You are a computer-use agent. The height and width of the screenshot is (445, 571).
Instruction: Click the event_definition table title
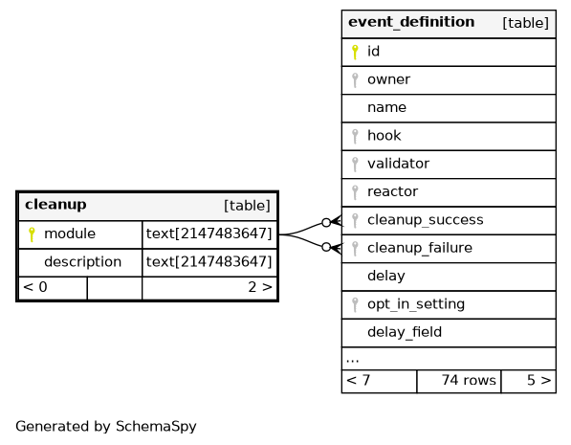click(411, 23)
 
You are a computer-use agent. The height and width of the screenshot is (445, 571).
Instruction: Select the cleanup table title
click(55, 205)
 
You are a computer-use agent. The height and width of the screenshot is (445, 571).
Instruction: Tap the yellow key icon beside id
click(355, 52)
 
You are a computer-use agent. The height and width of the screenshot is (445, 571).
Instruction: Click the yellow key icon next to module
click(32, 234)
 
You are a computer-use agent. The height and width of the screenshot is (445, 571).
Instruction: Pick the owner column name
click(388, 79)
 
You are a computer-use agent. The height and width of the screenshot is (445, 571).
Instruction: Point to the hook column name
click(384, 136)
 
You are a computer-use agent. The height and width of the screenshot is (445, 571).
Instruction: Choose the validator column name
click(398, 164)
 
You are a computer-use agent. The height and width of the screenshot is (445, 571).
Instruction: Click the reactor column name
click(392, 191)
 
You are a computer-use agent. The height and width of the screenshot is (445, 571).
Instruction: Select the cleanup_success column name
click(426, 220)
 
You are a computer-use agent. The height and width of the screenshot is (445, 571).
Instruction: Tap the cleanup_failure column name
click(420, 248)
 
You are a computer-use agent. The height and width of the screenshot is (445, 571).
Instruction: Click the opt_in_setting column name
click(416, 304)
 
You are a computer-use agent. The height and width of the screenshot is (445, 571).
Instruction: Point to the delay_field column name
click(405, 332)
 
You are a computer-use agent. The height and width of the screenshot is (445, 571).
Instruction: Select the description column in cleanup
click(82, 262)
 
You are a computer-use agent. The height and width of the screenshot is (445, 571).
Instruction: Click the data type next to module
click(209, 234)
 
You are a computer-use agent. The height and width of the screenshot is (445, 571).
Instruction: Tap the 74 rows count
click(469, 380)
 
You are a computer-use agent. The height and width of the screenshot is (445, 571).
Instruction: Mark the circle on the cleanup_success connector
click(326, 222)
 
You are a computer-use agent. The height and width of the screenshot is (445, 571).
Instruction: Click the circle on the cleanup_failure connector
click(326, 247)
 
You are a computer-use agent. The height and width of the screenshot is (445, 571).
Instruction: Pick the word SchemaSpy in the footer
click(156, 427)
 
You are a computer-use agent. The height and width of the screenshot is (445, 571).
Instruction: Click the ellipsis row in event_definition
click(353, 360)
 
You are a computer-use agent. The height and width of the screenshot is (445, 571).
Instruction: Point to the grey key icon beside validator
click(355, 165)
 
